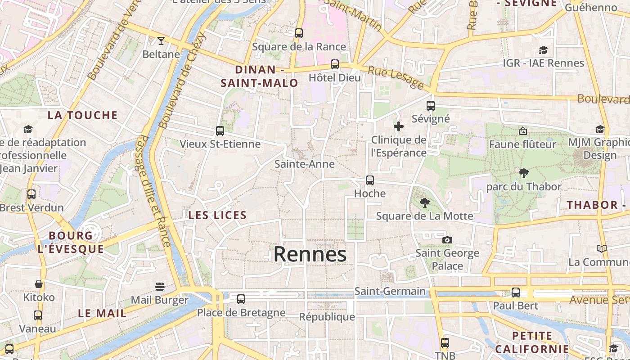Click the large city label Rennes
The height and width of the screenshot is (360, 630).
point(310,254)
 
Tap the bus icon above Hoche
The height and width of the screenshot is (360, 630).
point(370,180)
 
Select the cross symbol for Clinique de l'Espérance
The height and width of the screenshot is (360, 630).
point(399,126)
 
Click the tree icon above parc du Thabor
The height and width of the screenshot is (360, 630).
point(523,173)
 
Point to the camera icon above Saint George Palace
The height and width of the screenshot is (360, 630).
point(447,240)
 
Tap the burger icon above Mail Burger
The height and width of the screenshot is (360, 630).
point(159,287)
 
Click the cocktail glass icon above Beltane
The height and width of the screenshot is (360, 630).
point(161,41)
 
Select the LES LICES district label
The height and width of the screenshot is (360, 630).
point(217,215)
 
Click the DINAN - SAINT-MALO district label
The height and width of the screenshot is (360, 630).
point(260,76)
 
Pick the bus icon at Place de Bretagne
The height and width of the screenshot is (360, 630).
point(241,299)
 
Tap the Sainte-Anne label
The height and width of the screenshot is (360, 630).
point(305,164)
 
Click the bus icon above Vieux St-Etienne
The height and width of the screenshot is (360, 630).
point(220,131)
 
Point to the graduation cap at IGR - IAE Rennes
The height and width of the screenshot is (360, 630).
point(543,50)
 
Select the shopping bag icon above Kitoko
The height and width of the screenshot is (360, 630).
point(39,284)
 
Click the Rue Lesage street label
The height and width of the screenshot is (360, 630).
point(396,77)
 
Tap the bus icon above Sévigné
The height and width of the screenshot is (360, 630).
point(431,106)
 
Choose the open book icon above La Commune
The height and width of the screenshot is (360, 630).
point(601,248)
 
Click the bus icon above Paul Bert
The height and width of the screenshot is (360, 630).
point(516,292)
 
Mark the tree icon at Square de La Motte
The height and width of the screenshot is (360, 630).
point(424,202)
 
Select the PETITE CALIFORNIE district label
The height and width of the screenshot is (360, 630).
point(532,342)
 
